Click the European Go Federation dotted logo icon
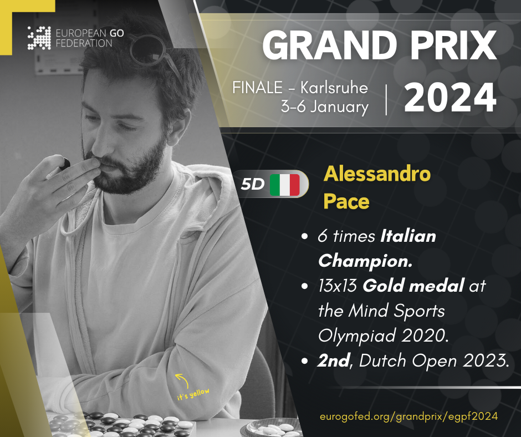coord(39,38)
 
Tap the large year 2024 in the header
coord(450,98)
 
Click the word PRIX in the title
coord(453,45)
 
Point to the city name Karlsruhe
coord(334,88)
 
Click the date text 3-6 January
coord(325,107)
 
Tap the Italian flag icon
coord(285,185)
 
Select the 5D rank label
coord(253,184)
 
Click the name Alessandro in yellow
coord(377,174)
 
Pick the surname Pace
coord(346,201)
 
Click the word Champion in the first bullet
coord(365,261)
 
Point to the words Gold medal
coord(413,286)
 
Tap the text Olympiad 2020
coord(384,336)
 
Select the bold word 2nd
coord(334,360)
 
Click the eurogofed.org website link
coord(408,416)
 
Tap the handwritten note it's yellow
coord(193,394)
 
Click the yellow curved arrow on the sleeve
coord(182,380)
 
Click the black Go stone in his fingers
coord(66,163)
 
